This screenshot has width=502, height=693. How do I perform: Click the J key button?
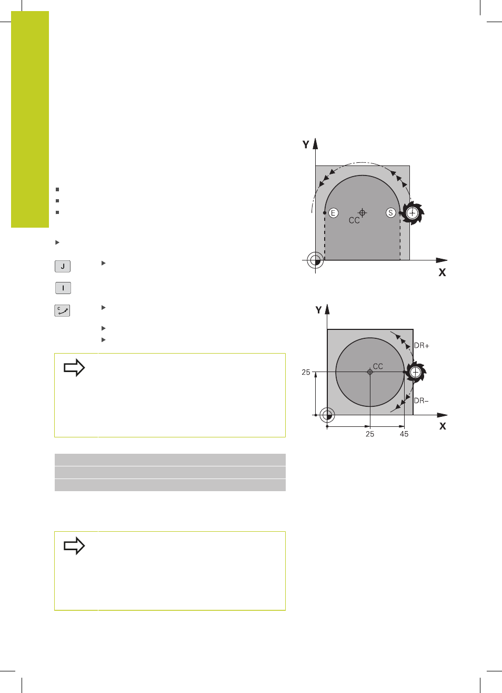[x=63, y=266]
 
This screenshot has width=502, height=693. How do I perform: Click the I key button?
[x=63, y=288]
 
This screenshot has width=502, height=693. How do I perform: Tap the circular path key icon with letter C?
[x=62, y=310]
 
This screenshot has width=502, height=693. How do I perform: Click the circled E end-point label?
[x=333, y=213]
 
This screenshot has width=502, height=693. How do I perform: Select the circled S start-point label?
[x=390, y=213]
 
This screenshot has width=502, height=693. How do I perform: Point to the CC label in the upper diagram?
[x=354, y=220]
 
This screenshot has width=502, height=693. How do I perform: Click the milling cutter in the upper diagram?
[x=413, y=212]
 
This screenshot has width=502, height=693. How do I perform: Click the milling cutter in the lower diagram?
[x=416, y=372]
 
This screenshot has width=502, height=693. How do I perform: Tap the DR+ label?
[x=421, y=346]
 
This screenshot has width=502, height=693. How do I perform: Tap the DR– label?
[x=421, y=401]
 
